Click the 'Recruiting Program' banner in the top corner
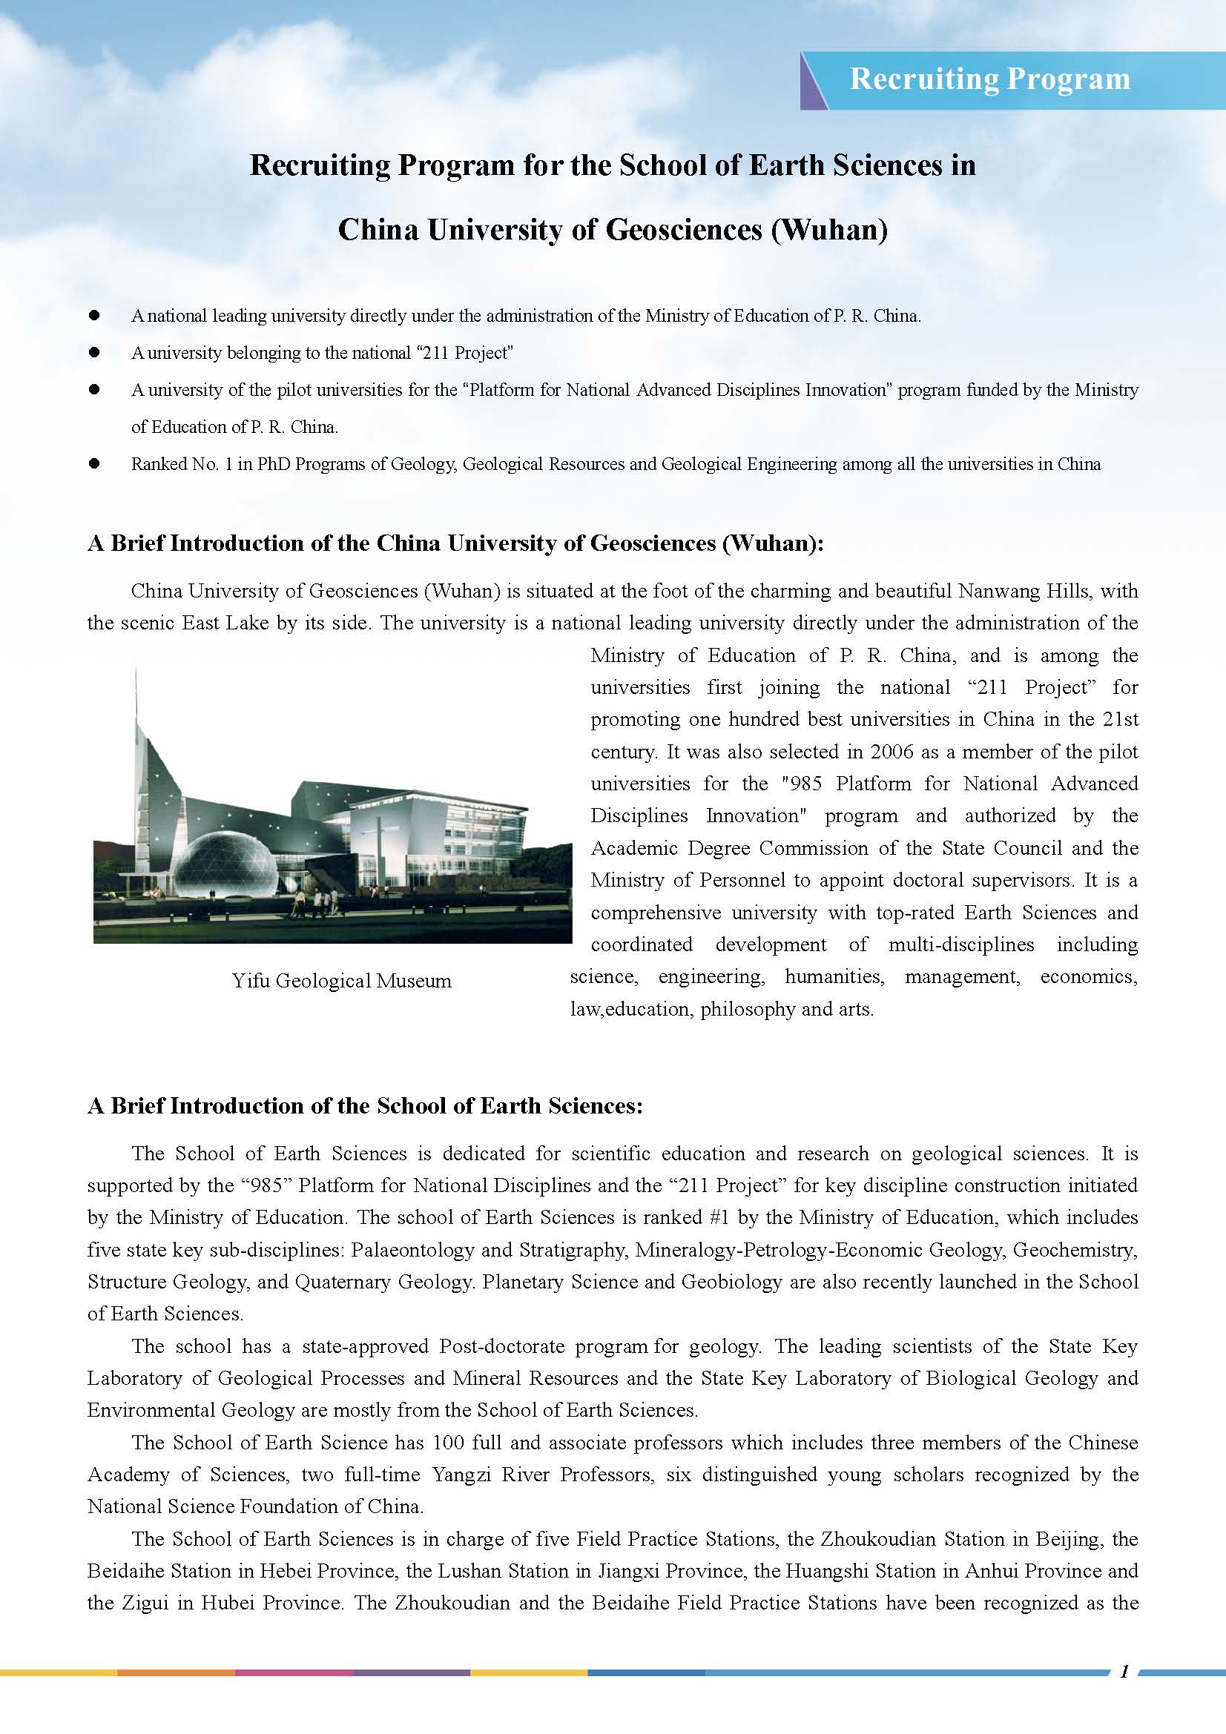point(989,79)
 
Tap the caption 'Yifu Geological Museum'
point(341,981)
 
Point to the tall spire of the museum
point(136,702)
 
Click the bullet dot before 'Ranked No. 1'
point(94,463)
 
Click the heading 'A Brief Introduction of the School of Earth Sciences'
point(365,1105)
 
